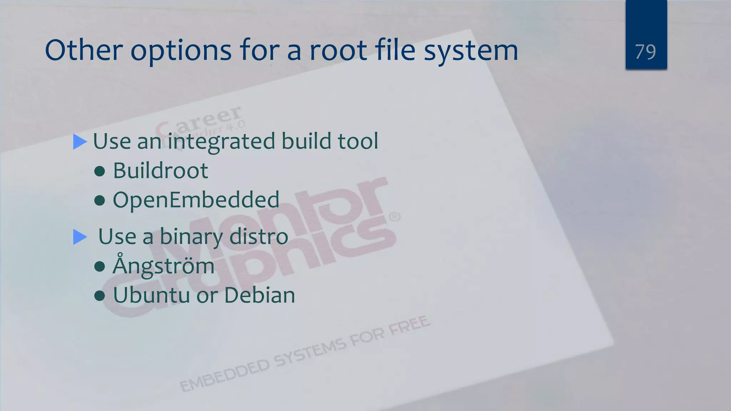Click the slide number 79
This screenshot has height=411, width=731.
(x=645, y=52)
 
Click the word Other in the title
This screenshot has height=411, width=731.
(x=84, y=50)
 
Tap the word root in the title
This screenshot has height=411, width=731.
(x=338, y=50)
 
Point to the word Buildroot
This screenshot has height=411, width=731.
(x=160, y=171)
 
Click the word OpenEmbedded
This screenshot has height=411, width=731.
(x=196, y=200)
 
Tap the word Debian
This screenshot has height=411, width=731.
(x=259, y=295)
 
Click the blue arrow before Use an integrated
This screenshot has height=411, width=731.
(x=80, y=142)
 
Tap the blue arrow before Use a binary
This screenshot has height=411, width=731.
(x=80, y=237)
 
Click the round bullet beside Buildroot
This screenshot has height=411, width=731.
(x=100, y=172)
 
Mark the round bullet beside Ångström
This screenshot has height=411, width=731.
(x=100, y=266)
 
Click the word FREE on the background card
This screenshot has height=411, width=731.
(x=409, y=325)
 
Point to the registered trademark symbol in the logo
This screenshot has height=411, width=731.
(x=394, y=217)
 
